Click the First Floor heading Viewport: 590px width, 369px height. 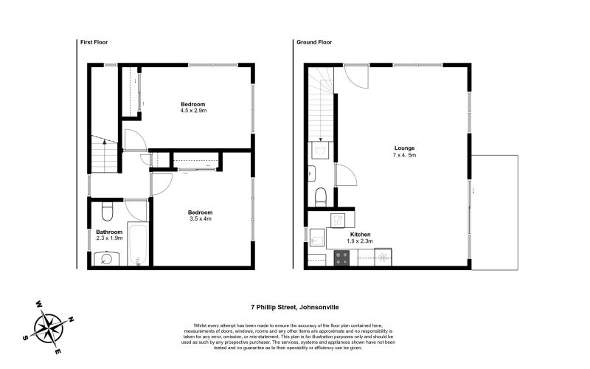94,42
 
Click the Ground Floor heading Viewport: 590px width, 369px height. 314,42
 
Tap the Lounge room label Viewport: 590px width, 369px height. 404,148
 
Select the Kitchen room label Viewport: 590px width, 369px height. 360,234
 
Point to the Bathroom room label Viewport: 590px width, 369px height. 109,232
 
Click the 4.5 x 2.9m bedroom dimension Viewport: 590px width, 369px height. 193,111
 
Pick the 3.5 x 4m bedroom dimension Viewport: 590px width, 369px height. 200,218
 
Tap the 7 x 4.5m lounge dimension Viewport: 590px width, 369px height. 404,155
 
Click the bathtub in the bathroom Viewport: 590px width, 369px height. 138,244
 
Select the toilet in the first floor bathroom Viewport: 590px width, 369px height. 107,212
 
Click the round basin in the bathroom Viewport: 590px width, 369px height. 107,259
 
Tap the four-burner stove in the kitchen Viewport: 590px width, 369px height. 341,258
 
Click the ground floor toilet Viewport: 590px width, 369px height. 321,197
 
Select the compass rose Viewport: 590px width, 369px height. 49,328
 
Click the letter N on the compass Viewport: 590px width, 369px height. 70,320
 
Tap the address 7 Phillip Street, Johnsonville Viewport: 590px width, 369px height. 295,307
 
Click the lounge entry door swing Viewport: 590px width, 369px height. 357,78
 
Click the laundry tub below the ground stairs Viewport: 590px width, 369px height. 321,151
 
